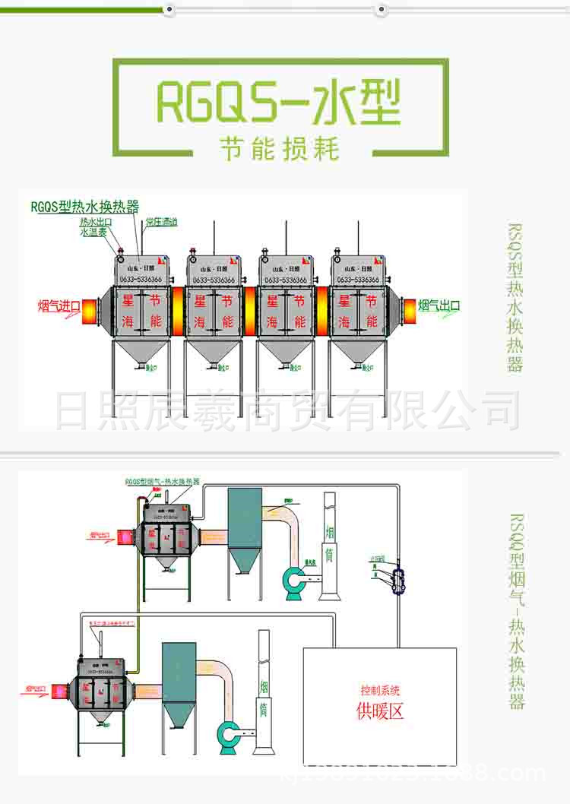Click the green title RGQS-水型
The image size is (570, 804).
[278, 103]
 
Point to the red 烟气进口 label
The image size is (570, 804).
[59, 306]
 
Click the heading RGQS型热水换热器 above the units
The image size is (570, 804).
[84, 206]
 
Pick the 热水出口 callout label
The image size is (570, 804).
[97, 222]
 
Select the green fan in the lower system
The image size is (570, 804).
[229, 733]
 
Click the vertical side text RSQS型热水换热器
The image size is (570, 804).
[516, 296]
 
